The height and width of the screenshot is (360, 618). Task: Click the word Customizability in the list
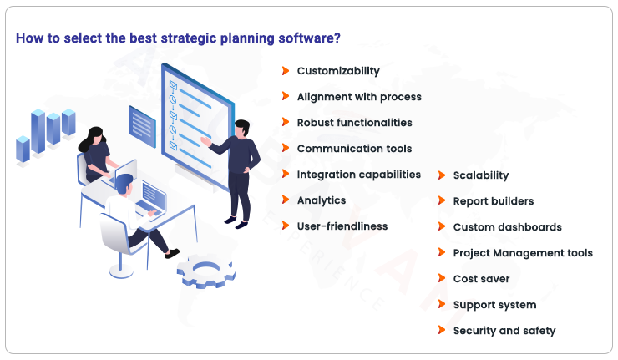338,71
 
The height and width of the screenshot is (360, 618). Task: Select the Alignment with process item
359,97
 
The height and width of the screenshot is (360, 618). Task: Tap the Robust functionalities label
354,123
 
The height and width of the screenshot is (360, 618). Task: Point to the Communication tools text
354,149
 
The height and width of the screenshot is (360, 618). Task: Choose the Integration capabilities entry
358,175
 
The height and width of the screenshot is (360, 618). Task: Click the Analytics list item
321,200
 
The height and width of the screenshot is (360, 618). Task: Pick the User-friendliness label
342,226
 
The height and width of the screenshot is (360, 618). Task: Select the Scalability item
480,175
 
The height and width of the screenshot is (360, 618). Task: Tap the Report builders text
493,201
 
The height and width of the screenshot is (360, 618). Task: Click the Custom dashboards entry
507,227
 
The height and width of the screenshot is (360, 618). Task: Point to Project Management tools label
523,253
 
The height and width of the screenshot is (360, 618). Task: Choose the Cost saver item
481,279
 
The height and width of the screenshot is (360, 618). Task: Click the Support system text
494,305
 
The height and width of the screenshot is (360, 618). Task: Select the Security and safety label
504,331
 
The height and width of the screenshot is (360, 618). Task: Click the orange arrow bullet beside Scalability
442,175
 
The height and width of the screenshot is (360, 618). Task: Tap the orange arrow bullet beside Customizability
286,71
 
